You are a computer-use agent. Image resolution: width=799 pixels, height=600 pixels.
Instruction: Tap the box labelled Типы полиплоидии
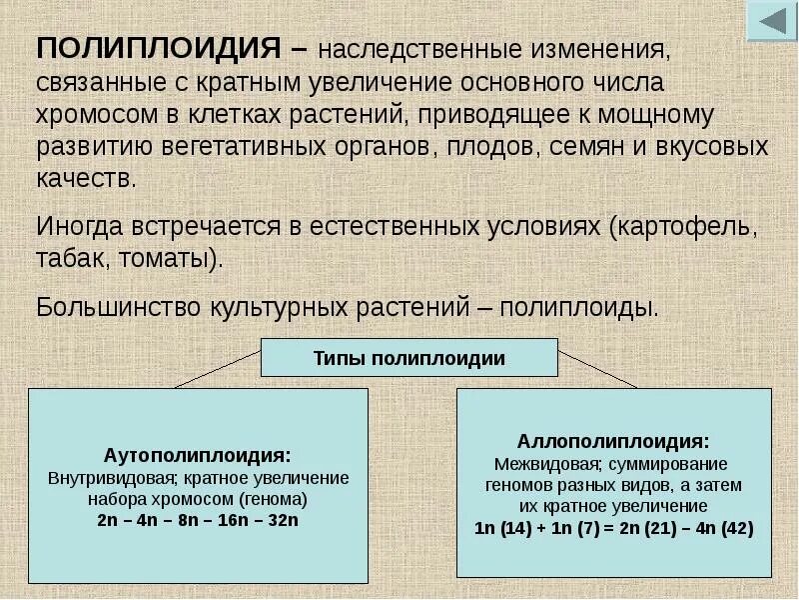[409, 357]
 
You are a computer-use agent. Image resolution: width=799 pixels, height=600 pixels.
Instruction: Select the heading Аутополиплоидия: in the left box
[198, 455]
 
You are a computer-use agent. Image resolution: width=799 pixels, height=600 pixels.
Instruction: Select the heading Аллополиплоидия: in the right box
[613, 441]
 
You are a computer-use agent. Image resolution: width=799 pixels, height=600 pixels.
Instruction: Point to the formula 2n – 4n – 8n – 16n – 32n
[198, 520]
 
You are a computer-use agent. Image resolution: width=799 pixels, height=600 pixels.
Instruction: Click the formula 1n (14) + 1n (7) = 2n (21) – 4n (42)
[613, 528]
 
